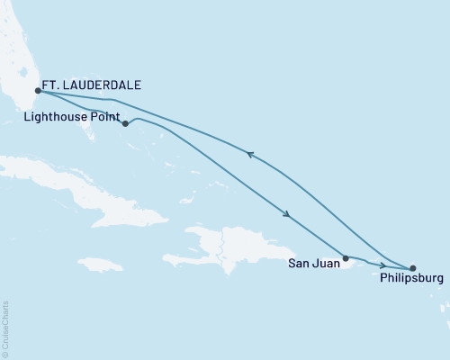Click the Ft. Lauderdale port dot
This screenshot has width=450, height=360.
coord(37,90)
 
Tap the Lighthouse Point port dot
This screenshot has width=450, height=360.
coord(125,123)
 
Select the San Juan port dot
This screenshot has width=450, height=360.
coord(346,257)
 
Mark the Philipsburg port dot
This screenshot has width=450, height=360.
coord(413,268)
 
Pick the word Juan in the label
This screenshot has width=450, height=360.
coord(325,265)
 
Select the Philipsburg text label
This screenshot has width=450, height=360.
coord(412,281)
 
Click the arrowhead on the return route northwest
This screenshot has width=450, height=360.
coord(250,156)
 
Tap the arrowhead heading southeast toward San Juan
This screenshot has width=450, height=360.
coord(286,214)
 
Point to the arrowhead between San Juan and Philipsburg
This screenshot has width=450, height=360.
coord(384,266)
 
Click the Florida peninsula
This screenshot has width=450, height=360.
coord(18,54)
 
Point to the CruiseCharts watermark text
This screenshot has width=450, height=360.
coord(5,328)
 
